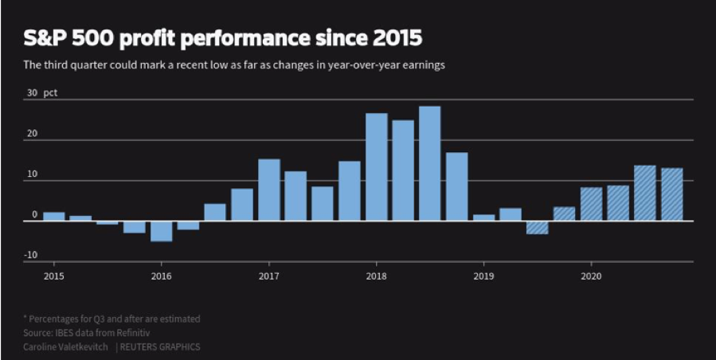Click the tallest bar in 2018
(429, 163)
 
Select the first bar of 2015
(54, 217)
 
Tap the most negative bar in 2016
(161, 231)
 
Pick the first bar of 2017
(268, 190)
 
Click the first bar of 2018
(376, 167)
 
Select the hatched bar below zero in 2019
(537, 228)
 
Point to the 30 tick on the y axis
(32, 92)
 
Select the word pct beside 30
(50, 92)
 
